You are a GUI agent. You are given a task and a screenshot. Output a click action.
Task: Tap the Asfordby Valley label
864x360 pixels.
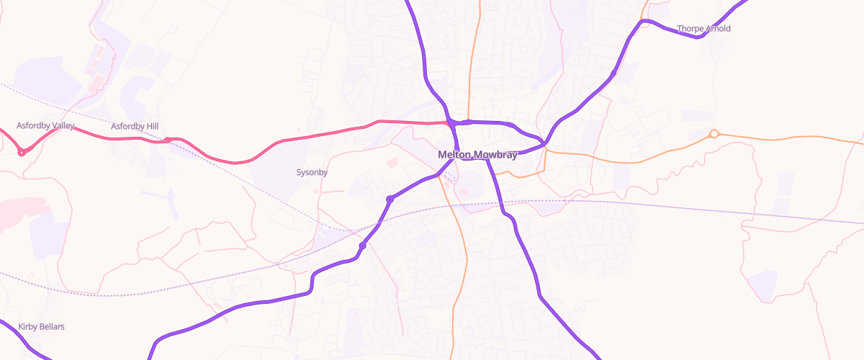[45, 126]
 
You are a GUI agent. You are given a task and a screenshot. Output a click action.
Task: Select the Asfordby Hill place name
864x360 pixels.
[135, 127]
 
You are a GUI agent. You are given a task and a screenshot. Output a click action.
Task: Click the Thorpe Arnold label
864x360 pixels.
[703, 29]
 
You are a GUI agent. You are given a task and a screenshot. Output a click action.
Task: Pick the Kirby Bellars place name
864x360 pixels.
[41, 327]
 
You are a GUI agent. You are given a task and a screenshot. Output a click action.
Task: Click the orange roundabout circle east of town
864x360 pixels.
[714, 133]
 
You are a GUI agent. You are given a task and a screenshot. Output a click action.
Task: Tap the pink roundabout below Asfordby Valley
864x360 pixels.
[22, 152]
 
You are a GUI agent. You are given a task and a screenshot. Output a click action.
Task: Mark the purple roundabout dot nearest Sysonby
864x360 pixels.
[390, 199]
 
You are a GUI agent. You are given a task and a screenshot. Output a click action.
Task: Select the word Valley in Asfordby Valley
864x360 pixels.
[63, 126]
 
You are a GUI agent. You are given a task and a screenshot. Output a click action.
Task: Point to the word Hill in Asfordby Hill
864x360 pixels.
[151, 127]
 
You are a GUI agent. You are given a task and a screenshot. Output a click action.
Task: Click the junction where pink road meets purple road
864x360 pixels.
[450, 123]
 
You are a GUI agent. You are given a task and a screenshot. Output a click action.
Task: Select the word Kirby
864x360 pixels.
[28, 327]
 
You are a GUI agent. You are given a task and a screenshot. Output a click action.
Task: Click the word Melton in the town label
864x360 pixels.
[454, 155]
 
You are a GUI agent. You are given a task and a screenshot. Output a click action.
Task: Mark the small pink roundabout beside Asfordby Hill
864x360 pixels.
[167, 140]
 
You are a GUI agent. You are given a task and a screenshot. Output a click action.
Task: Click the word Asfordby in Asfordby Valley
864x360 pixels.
[34, 126]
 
